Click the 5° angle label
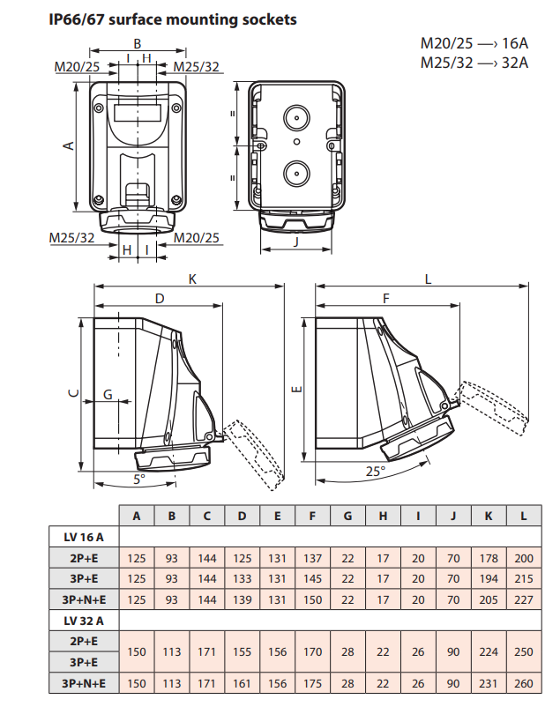(139, 479)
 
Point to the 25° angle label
(376, 471)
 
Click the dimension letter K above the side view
(192, 279)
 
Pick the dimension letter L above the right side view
(429, 279)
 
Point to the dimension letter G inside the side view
(108, 394)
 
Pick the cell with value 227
(524, 599)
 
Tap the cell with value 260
(524, 684)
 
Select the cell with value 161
(243, 684)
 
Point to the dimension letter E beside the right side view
(298, 389)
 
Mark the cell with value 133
(243, 578)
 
